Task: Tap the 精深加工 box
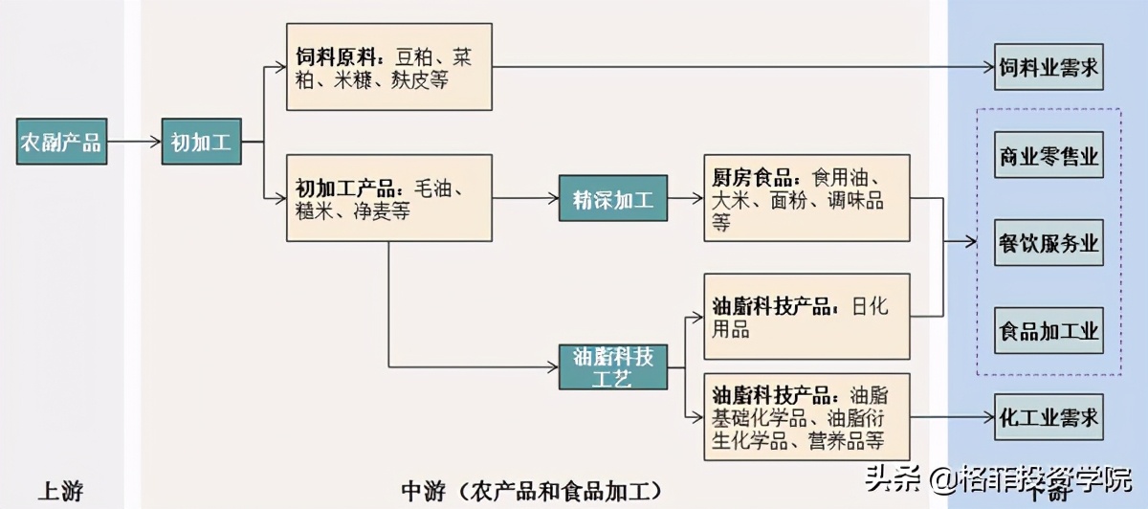click(613, 199)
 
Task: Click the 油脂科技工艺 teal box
click(613, 365)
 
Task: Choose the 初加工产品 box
click(389, 198)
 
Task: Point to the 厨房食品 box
click(806, 198)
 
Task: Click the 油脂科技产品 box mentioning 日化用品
click(806, 317)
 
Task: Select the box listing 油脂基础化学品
click(806, 418)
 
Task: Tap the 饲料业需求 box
click(1049, 68)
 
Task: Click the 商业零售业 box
click(1049, 156)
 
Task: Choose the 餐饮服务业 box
click(1049, 244)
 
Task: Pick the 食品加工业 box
click(1049, 332)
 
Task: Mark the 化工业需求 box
click(1049, 418)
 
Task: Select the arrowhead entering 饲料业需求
click(987, 68)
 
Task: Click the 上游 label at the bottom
click(60, 492)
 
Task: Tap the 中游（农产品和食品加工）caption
click(532, 492)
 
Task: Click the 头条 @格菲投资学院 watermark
click(995, 478)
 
